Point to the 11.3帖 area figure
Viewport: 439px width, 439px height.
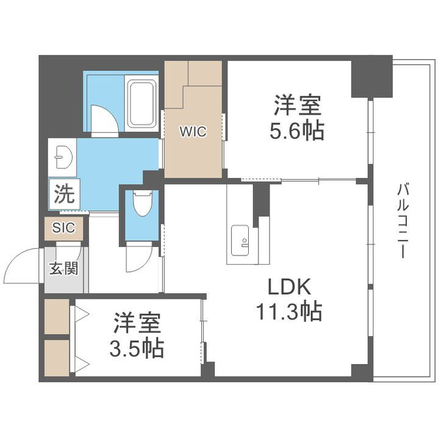coord(288,312)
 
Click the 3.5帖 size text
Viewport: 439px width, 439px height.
coord(137,348)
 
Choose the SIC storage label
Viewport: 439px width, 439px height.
coord(63,228)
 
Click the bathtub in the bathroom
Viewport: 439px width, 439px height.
coord(141,103)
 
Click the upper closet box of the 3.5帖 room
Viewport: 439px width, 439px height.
coord(57,315)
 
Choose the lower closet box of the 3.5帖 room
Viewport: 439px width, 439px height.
coord(57,356)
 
